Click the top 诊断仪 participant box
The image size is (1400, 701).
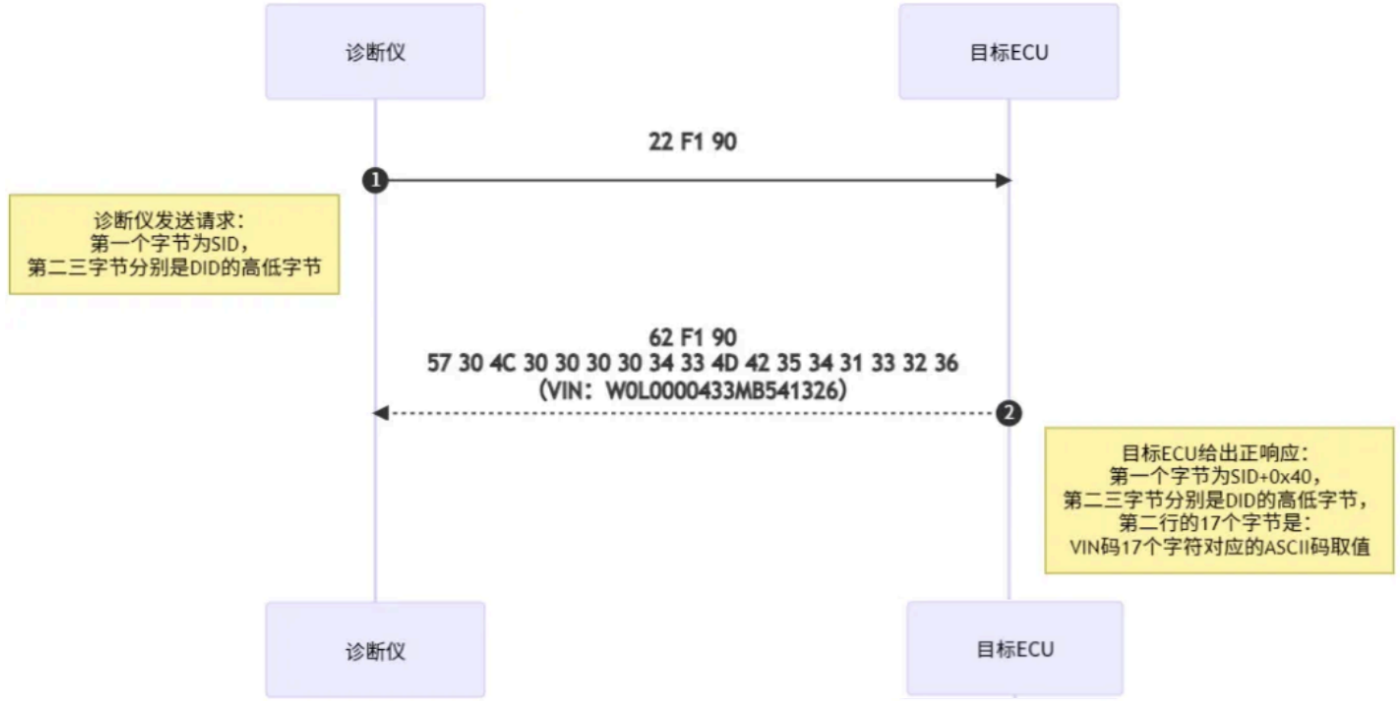click(374, 52)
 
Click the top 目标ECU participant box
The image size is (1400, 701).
click(1008, 52)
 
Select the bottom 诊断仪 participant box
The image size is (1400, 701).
click(374, 650)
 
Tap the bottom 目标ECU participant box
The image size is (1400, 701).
click(1014, 648)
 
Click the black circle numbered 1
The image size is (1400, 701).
click(375, 181)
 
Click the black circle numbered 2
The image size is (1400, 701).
click(1008, 413)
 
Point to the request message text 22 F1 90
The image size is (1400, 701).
click(692, 142)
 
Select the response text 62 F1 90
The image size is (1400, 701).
click(692, 337)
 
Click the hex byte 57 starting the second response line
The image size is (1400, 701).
click(438, 363)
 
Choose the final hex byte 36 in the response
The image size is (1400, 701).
click(946, 363)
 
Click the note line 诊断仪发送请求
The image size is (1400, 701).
click(168, 220)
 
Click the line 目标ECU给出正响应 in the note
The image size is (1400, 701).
click(1214, 453)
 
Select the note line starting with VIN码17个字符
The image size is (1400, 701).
click(1219, 547)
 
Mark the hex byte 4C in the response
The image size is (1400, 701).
click(503, 363)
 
